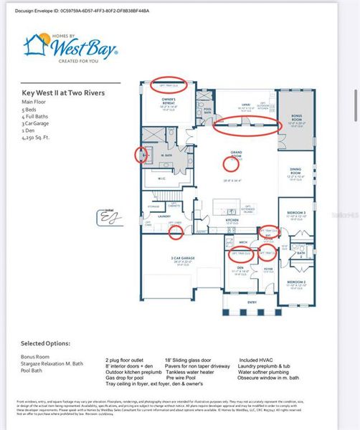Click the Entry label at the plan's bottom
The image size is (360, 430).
252,302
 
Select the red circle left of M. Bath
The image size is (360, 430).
141,154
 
